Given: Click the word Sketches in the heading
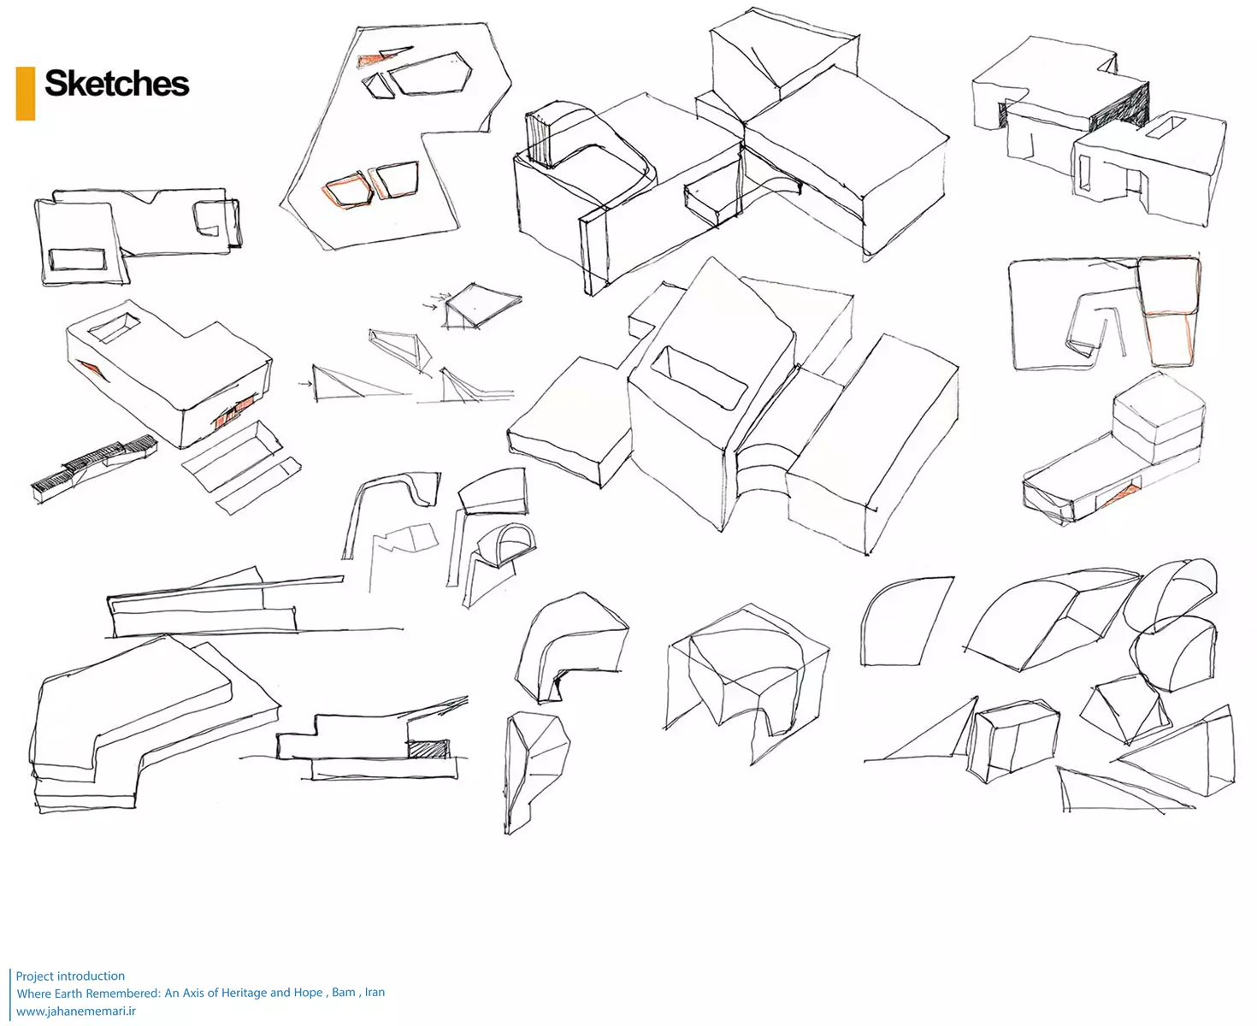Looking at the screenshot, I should (116, 84).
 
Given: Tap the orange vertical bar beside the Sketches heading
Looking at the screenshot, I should (26, 93).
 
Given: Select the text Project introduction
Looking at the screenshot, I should (70, 976).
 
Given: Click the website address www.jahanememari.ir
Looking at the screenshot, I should (76, 1011).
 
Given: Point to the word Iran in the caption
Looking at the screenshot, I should (375, 992).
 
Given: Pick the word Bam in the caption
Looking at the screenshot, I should (344, 992).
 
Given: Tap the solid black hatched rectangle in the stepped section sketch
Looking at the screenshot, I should (428, 749).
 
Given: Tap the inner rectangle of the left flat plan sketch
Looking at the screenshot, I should (77, 259).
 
